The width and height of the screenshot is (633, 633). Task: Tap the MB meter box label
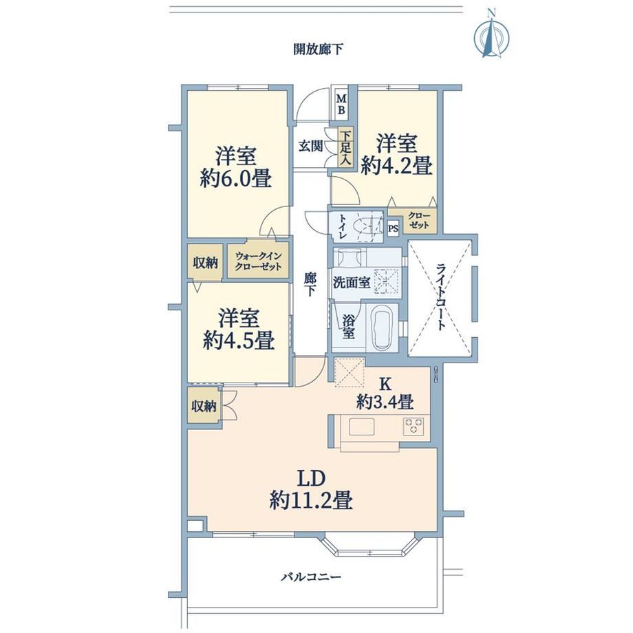pyautogui.click(x=341, y=104)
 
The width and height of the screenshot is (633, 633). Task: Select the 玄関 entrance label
pyautogui.click(x=310, y=146)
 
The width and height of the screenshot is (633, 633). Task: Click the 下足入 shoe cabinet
pyautogui.click(x=345, y=148)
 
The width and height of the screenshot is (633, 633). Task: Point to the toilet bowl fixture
pyautogui.click(x=367, y=227)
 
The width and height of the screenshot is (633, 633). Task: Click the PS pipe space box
pyautogui.click(x=393, y=228)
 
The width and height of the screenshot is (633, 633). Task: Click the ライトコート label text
pyautogui.click(x=441, y=297)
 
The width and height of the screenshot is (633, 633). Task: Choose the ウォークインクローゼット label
pyautogui.click(x=259, y=261)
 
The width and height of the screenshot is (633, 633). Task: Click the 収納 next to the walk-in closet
pyautogui.click(x=204, y=262)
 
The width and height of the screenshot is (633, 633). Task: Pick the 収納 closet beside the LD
pyautogui.click(x=204, y=406)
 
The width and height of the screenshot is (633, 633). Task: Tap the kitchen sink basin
pyautogui.click(x=362, y=427)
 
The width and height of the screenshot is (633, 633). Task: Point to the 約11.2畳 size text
pyautogui.click(x=311, y=501)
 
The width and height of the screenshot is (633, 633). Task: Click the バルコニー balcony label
pyautogui.click(x=311, y=577)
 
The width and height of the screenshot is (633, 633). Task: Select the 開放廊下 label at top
pyautogui.click(x=319, y=50)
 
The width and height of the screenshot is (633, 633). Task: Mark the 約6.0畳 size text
pyautogui.click(x=237, y=178)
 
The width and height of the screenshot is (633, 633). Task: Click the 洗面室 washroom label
pyautogui.click(x=351, y=283)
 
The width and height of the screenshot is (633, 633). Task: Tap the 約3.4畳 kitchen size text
pyautogui.click(x=385, y=402)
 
